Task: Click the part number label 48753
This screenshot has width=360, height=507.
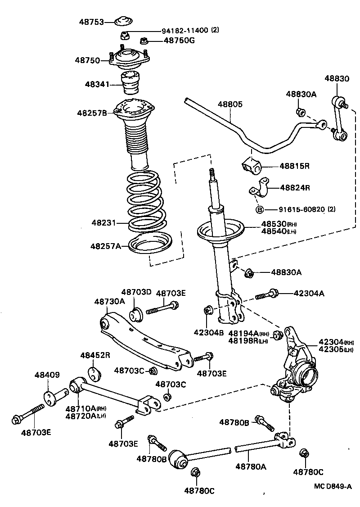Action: pos(91,22)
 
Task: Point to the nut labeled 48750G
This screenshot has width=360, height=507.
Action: pos(144,41)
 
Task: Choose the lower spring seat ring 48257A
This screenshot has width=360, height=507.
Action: pos(151,246)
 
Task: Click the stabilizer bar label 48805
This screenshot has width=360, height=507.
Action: pos(230,104)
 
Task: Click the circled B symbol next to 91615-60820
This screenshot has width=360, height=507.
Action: pos(260,209)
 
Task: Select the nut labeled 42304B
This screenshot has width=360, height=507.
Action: pos(208,310)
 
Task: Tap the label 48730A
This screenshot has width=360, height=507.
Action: pos(109,301)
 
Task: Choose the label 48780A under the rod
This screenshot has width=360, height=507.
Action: pos(251,467)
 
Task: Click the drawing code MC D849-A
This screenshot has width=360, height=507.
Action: pos(333,487)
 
